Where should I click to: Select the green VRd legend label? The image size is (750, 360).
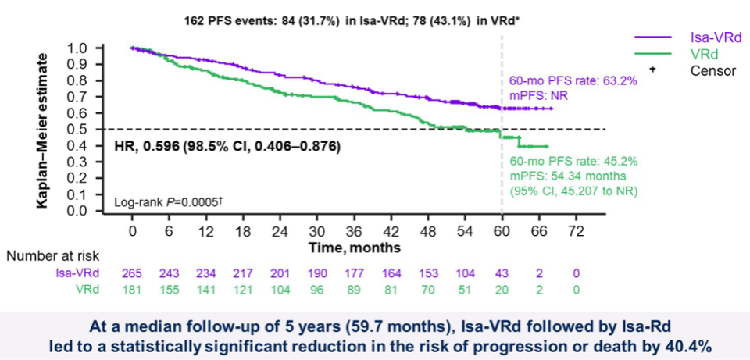coord(704,54)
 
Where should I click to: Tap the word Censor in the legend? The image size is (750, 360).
coord(713,71)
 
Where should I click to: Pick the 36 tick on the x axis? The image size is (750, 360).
coord(354,232)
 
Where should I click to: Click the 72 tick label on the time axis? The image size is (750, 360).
coord(575,232)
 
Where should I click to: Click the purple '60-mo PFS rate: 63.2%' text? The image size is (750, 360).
coord(573,80)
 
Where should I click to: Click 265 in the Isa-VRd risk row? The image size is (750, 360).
coord(133,273)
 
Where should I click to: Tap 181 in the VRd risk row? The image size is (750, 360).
coord(133,290)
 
